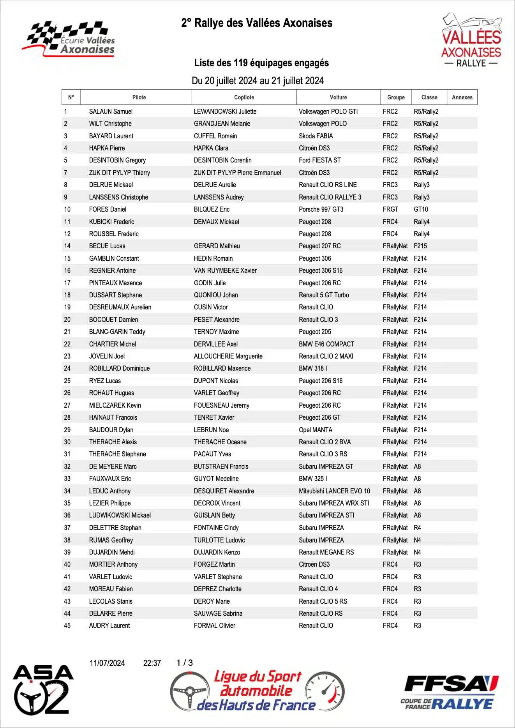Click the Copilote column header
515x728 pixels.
pos(244,97)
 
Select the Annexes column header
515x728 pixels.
pos(462,97)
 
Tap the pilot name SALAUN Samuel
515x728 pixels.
pos(111,111)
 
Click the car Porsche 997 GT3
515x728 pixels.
pos(321,209)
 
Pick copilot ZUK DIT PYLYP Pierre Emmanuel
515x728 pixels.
pos(237,173)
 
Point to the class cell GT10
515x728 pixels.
pos(421,209)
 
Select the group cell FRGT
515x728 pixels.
pos(390,209)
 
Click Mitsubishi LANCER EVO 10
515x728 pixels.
pos(334,491)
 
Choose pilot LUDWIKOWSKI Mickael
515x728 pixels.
pos(120,515)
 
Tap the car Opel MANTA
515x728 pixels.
pos(316,430)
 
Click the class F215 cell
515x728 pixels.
pos(420,246)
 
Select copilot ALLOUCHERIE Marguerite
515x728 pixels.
pos(228,356)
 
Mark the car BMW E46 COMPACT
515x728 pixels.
pos(326,344)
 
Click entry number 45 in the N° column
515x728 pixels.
pos(67,626)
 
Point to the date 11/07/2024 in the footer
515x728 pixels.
pos(107,663)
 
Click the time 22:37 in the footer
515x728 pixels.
pos(152,663)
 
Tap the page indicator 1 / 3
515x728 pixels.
pos(185,663)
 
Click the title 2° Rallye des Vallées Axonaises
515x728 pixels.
pos(257,23)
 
